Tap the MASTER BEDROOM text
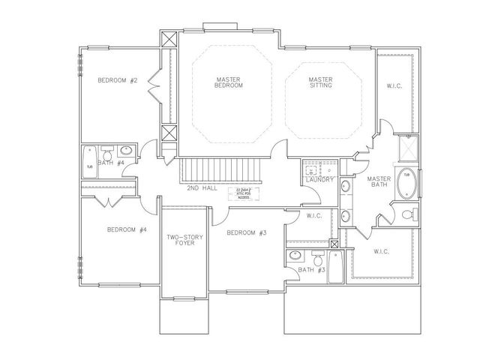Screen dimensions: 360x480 click(x=229, y=82)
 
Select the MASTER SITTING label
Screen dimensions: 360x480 click(x=320, y=82)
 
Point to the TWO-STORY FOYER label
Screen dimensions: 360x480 click(x=184, y=240)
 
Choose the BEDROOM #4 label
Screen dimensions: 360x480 click(x=121, y=229)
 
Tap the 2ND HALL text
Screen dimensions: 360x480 click(x=202, y=187)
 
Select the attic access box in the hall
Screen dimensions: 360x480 click(x=245, y=191)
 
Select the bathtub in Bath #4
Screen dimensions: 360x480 click(x=89, y=163)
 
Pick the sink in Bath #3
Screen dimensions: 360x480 click(x=293, y=255)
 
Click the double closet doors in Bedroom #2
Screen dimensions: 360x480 click(x=153, y=89)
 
